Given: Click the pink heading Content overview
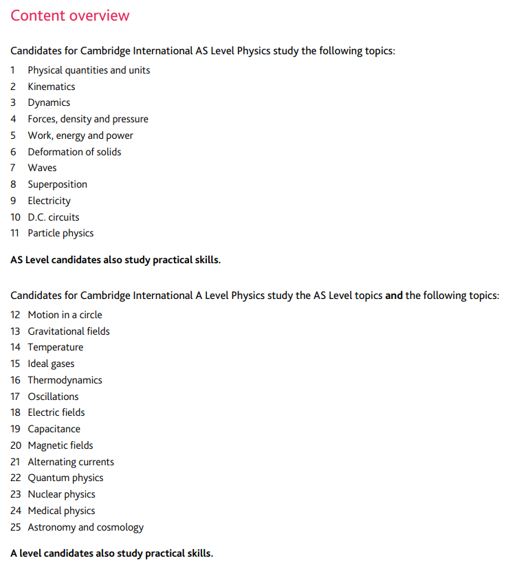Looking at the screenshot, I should click(69, 16).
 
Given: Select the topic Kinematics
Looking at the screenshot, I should click(52, 87).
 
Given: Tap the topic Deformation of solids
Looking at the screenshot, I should click(74, 152).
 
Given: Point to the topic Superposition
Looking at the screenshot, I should click(57, 184).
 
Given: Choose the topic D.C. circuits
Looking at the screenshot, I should click(54, 217).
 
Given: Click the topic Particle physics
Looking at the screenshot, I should click(60, 233).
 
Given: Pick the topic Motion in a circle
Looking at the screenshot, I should click(65, 315).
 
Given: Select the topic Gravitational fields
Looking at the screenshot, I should click(69, 331).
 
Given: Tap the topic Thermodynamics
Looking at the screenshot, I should click(65, 380).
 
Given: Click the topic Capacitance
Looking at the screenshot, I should click(54, 429).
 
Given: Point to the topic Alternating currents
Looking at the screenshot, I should click(71, 462).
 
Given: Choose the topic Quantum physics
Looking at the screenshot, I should click(65, 478).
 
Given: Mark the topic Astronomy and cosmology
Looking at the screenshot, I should click(86, 527).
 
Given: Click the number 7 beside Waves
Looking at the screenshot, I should click(14, 168).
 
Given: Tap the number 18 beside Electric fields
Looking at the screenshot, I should click(16, 412).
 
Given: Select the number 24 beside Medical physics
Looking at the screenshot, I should click(16, 511).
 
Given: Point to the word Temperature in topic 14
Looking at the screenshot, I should click(56, 347).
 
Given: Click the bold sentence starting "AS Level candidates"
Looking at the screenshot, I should click(115, 260).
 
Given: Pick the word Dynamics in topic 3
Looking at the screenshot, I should click(49, 102).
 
